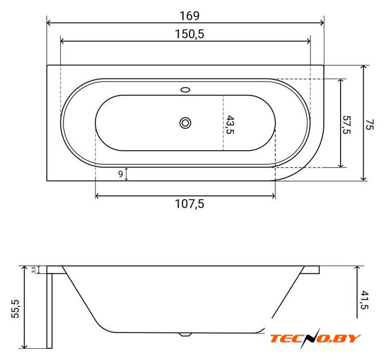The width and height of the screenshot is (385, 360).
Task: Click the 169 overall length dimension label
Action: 189,16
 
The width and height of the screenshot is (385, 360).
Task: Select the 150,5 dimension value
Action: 189,34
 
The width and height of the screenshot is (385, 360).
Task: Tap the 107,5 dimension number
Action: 189,204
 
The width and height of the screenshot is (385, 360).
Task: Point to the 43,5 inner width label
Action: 230,124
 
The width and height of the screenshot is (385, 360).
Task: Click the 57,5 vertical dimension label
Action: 346,125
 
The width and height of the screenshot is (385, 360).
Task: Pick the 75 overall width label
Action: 369,124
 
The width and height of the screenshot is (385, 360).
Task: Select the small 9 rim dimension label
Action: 120,174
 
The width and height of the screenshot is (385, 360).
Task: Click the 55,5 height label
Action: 15,308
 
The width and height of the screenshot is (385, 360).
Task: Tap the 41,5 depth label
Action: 365,300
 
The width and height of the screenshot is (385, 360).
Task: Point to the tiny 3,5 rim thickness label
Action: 34,269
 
